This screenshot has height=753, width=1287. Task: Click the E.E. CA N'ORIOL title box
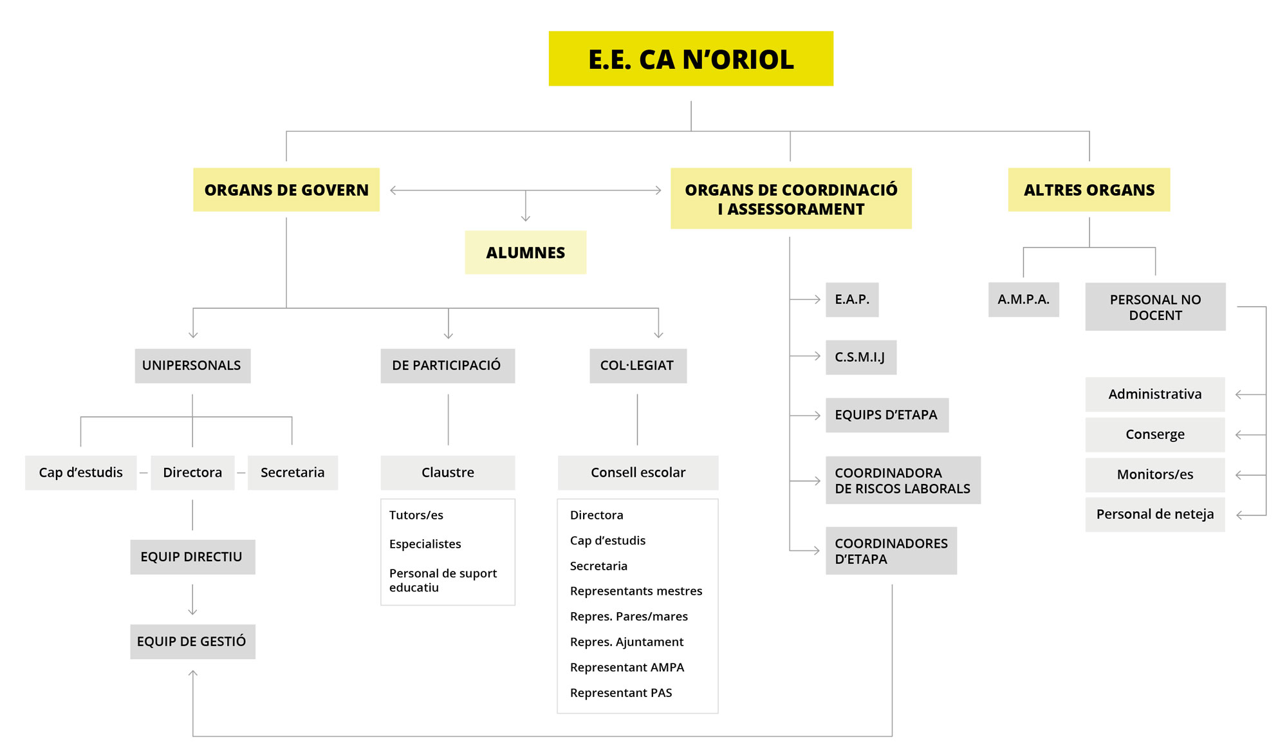click(x=690, y=59)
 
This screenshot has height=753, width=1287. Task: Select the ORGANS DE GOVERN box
click(x=286, y=190)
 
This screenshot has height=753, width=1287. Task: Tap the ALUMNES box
click(x=525, y=252)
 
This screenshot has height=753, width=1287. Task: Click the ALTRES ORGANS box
click(x=1089, y=190)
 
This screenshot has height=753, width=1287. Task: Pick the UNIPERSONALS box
click(x=192, y=366)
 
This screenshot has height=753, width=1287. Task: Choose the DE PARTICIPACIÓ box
click(x=447, y=366)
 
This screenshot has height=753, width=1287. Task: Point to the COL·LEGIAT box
click(x=637, y=366)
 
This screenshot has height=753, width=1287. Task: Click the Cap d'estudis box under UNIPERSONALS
click(x=80, y=472)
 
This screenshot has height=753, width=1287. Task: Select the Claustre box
click(x=447, y=472)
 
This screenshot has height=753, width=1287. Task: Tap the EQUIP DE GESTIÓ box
click(x=192, y=641)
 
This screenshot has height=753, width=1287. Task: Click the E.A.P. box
click(x=852, y=299)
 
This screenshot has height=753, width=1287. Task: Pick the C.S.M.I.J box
click(x=860, y=357)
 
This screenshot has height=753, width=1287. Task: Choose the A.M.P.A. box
click(x=1023, y=299)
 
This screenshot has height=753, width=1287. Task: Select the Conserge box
click(x=1154, y=434)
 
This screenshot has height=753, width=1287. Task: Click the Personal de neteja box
click(x=1154, y=514)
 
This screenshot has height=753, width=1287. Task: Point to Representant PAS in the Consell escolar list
click(x=621, y=693)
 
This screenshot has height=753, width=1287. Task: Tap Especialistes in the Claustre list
click(x=425, y=544)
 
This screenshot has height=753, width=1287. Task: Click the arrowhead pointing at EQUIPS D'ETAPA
click(x=817, y=416)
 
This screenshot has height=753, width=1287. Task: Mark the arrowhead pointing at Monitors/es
click(x=1239, y=475)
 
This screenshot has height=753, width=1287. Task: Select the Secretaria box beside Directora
click(x=292, y=472)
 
